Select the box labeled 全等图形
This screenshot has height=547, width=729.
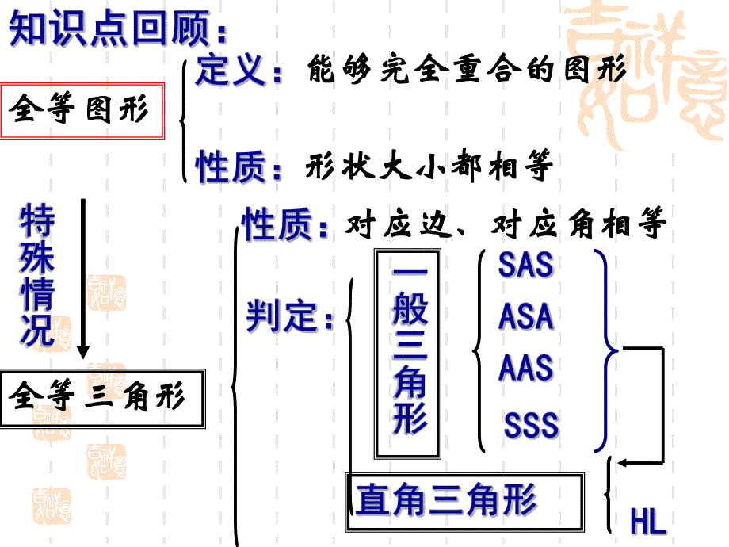[x=82, y=111]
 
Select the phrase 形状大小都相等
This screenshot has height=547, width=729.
[x=428, y=166]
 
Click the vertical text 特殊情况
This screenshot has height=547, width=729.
[x=38, y=275]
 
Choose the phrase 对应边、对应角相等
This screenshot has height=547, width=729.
[x=506, y=227]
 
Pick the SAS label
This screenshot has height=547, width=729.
[x=525, y=265]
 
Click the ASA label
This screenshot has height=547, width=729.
[x=525, y=317]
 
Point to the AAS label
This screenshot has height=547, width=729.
[x=525, y=369]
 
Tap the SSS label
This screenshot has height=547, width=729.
[x=531, y=426]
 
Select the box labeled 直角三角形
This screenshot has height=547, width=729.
[x=465, y=501]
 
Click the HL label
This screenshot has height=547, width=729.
[x=647, y=522]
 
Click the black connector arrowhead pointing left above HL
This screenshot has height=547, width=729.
[x=625, y=462]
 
